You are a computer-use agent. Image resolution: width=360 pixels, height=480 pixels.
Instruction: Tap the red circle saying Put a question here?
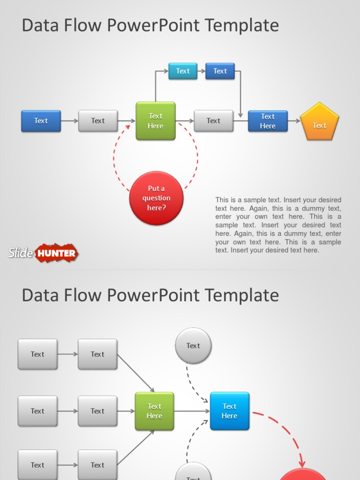(x=156, y=198)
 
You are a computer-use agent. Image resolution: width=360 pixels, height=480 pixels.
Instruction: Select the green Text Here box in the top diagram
(x=156, y=121)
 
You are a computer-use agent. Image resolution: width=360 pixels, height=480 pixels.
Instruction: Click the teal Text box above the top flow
(x=183, y=71)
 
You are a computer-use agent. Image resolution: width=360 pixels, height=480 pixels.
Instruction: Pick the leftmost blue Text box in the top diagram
(x=41, y=121)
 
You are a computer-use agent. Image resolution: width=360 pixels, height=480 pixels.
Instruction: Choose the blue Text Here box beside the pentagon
(x=268, y=121)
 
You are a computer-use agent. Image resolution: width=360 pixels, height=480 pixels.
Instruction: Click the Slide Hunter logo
(x=43, y=253)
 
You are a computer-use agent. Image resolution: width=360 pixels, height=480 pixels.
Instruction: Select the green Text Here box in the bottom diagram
(x=154, y=411)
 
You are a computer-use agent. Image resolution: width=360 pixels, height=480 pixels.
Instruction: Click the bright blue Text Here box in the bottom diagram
(x=229, y=411)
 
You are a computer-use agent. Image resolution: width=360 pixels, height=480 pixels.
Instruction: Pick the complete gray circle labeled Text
(x=193, y=346)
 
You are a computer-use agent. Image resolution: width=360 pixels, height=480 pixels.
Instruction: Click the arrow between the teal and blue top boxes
(x=202, y=71)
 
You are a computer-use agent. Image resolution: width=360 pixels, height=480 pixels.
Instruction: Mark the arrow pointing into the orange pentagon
(x=294, y=121)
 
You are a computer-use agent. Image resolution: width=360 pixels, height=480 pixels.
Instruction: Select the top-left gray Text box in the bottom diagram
(x=37, y=354)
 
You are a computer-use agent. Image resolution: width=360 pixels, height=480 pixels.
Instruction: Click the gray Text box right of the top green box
(x=213, y=121)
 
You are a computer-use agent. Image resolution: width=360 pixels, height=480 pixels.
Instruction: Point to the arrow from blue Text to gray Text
(x=69, y=121)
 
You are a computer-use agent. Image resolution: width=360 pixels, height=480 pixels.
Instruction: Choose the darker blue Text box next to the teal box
(x=220, y=71)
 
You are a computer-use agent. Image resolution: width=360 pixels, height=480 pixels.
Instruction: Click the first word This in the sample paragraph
(x=222, y=200)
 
